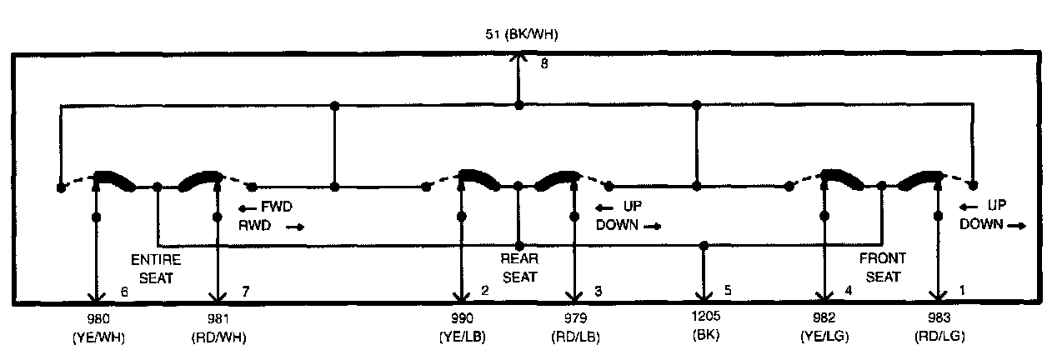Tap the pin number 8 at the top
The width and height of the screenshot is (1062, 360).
pos(544,64)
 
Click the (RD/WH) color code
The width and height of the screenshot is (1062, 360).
pos(218,337)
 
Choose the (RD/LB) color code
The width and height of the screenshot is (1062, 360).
pos(574,337)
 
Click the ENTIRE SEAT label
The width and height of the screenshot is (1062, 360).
pos(155,268)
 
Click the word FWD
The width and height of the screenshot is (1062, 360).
pos(275,207)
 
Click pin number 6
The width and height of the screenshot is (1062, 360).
pos(123,292)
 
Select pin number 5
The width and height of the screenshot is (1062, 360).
pos(728,292)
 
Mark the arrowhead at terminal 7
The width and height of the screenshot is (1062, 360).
pos(218,297)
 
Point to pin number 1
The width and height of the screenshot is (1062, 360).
pos(964,292)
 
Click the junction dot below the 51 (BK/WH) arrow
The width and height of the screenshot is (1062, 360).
pos(518,105)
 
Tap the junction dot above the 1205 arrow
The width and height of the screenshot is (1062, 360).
pos(704,246)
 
